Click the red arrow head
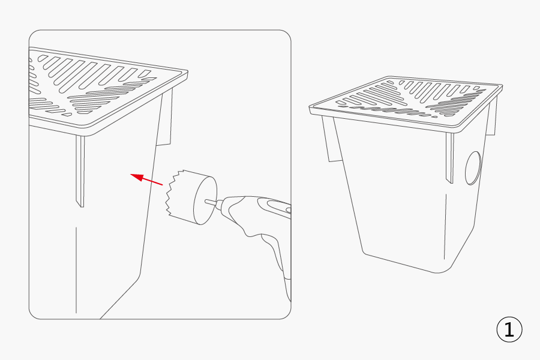[x=137, y=178]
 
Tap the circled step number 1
[x=509, y=329]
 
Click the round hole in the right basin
[x=473, y=168]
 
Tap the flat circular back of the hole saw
[x=205, y=200]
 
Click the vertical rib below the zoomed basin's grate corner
[x=80, y=171]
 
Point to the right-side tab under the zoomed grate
[x=164, y=117]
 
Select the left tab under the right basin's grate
[x=331, y=139]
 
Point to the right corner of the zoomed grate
[x=187, y=72]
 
